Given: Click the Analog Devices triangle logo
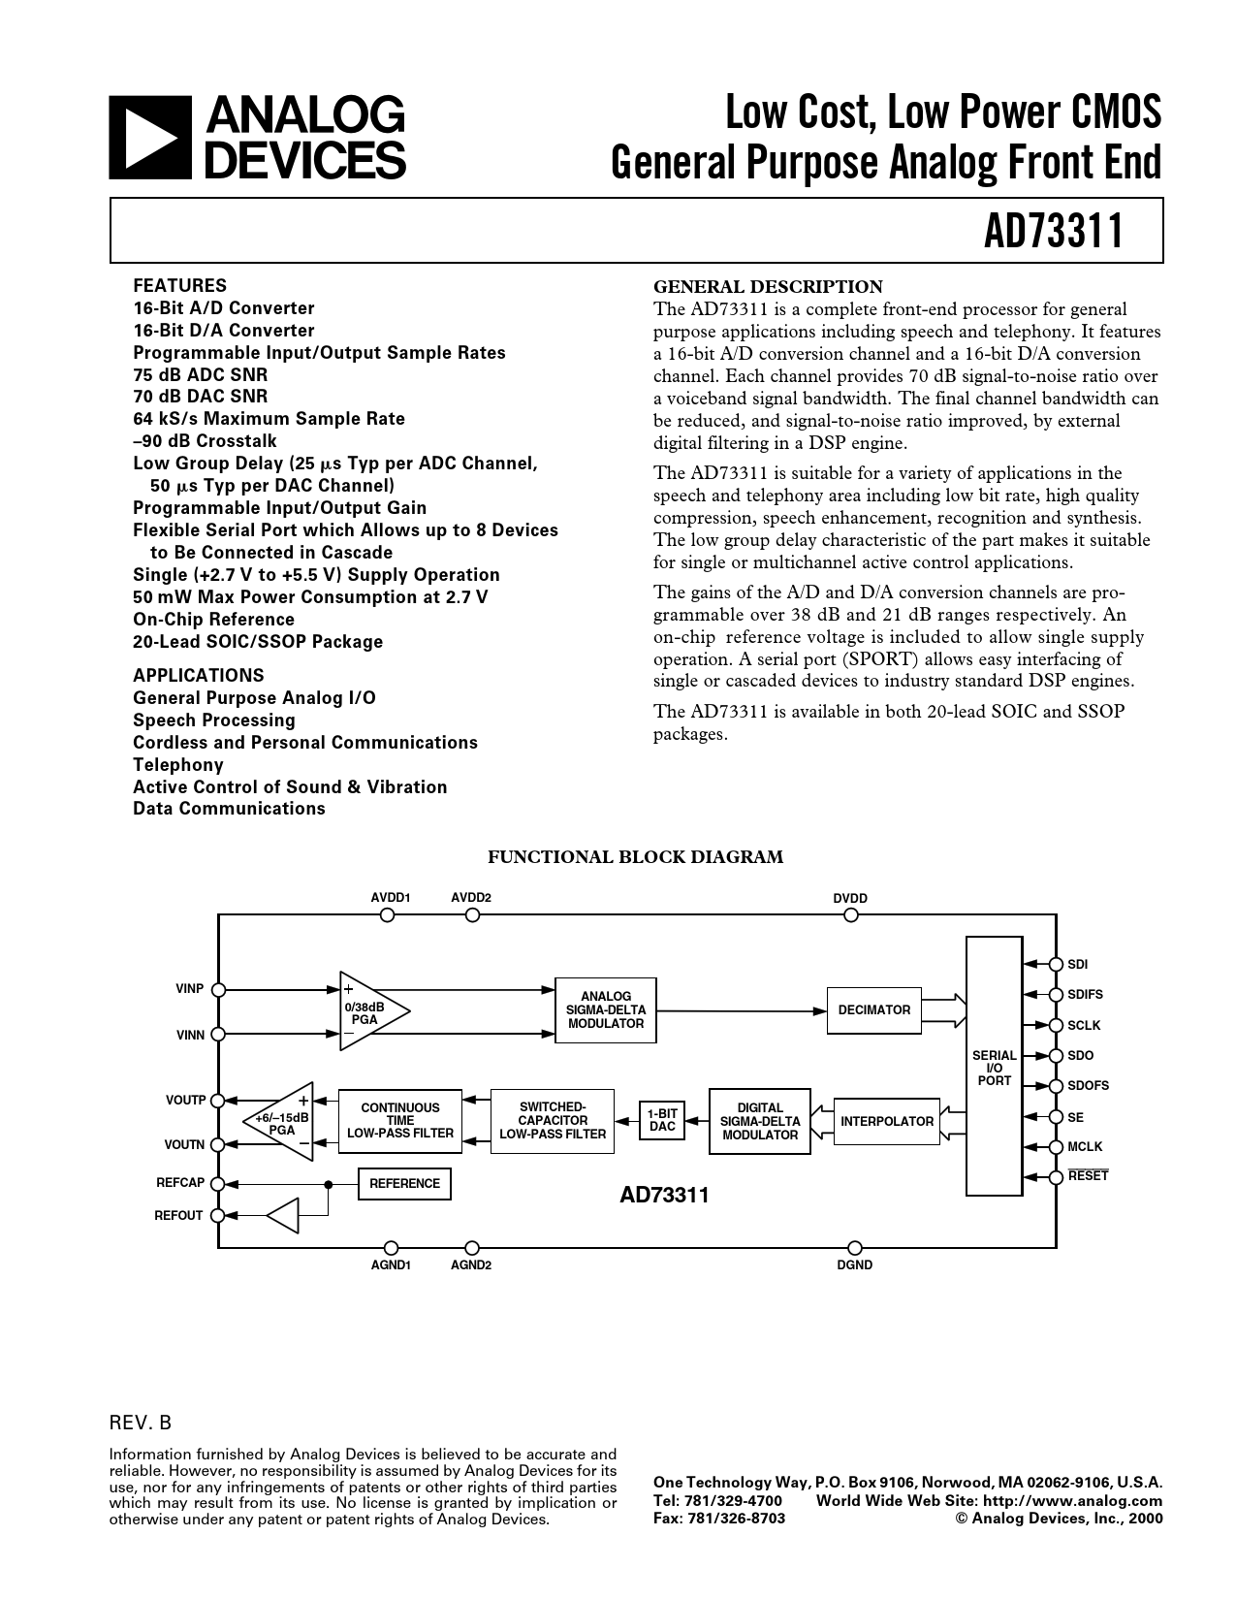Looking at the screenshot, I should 144,138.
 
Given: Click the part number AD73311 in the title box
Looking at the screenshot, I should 1054,232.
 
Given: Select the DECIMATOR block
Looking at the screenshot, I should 873,1010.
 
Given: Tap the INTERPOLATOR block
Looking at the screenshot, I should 887,1122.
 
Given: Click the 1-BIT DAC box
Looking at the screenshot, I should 662,1120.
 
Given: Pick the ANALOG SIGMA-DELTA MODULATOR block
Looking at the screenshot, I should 606,1010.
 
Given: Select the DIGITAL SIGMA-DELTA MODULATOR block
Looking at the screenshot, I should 760,1122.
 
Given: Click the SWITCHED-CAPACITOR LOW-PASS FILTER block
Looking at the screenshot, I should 553,1121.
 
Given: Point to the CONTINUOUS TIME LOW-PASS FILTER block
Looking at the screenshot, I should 400,1121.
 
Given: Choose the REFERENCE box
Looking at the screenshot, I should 404,1184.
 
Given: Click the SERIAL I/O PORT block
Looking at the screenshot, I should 994,1067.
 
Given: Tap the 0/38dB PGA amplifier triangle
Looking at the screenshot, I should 367,1011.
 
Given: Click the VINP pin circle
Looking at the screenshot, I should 219,989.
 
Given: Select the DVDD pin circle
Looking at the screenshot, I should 851,915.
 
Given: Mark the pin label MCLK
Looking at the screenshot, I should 1085,1147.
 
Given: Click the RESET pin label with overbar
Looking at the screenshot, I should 1088,1176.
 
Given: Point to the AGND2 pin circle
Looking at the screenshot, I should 472,1248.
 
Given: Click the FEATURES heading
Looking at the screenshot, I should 179,286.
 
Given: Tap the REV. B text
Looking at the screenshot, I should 140,1424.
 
